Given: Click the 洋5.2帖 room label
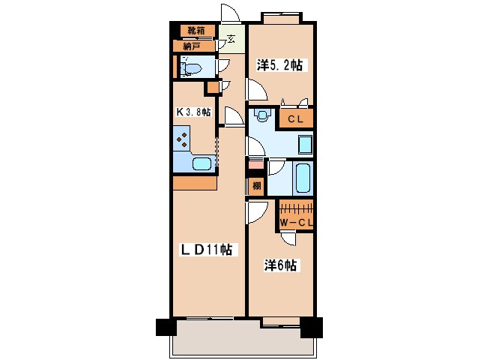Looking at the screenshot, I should [x=279, y=65].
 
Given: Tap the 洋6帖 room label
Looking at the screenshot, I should [x=281, y=265].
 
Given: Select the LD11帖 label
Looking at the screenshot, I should [x=204, y=249].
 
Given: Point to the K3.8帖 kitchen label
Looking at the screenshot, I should [x=193, y=112].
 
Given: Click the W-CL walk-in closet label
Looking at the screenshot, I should [x=296, y=222].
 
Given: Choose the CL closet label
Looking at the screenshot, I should [x=295, y=118].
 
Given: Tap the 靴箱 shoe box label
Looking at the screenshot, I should [x=196, y=31].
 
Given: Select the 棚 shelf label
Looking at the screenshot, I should [x=255, y=186].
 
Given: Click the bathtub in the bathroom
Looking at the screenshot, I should [x=302, y=179].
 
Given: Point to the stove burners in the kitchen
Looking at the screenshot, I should [x=183, y=138].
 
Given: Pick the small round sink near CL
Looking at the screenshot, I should [x=262, y=116].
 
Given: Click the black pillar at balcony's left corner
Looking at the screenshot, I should [x=165, y=328].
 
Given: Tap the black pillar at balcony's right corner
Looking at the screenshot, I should [x=311, y=328].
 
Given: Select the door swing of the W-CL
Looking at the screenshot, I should [x=288, y=238].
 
